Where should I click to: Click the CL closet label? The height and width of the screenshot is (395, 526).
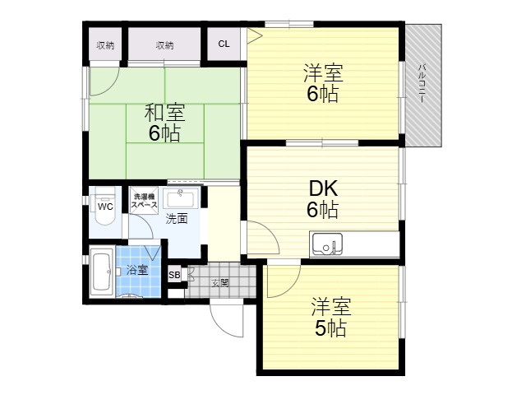224,44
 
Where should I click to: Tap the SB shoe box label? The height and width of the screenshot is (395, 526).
174,275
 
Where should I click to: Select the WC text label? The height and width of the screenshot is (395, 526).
105,207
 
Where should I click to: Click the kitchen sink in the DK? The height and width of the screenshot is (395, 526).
327,244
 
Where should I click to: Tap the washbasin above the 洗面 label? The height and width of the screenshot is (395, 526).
182,198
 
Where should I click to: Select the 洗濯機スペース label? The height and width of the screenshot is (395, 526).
144,201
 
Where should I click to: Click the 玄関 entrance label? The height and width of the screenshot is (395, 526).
220,283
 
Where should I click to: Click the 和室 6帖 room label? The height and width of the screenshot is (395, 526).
164,123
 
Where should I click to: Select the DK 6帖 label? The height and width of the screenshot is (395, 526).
323,199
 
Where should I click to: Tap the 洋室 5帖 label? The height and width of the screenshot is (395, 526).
330,317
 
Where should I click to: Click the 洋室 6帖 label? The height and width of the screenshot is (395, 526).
323,82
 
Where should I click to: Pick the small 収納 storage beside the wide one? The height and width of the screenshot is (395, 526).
105,45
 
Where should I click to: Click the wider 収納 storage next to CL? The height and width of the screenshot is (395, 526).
164,45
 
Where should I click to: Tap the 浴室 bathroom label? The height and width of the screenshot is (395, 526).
137,270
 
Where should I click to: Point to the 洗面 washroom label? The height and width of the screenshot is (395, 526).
177,219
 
